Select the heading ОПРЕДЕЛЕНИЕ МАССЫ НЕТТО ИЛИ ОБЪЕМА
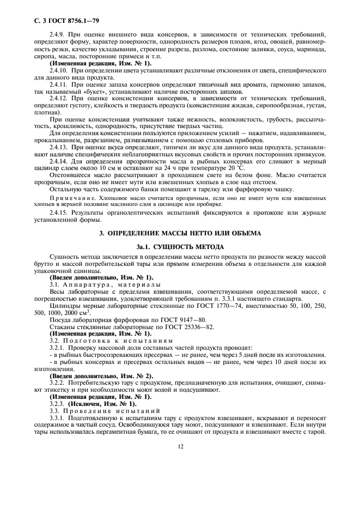click(180, 233)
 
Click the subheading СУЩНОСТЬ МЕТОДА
click(180, 246)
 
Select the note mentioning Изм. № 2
click(101, 375)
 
